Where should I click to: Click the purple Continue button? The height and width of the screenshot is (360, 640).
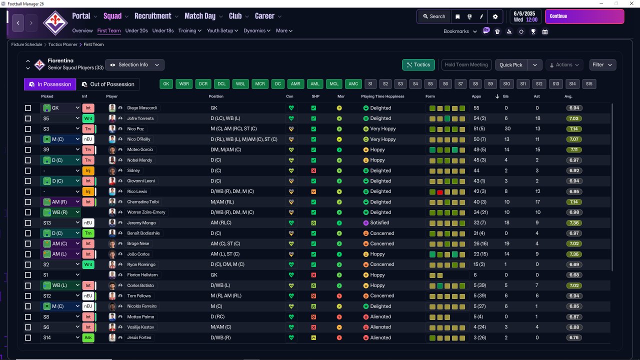[x=584, y=16]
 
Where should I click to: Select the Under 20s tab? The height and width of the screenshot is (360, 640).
[x=136, y=30]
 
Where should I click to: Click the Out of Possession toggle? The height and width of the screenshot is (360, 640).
[x=108, y=84]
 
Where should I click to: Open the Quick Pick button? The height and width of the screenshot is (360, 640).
[x=511, y=65]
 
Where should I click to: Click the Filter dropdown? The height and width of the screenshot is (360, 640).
[x=602, y=65]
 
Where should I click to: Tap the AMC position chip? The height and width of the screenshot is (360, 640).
[x=353, y=84]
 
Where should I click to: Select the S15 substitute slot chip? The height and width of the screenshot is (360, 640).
[x=589, y=84]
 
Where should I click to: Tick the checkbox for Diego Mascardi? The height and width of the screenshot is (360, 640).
[x=28, y=108]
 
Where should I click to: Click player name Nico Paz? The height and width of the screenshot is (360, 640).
[x=135, y=129]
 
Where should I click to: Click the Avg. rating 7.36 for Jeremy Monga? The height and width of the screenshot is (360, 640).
[x=574, y=223]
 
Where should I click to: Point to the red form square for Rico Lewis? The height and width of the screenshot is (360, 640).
[x=439, y=192]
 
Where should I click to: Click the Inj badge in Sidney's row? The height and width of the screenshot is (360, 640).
[x=88, y=170]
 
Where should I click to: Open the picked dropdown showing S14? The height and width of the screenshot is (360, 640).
[x=60, y=337]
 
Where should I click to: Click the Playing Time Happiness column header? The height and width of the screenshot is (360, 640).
[x=382, y=96]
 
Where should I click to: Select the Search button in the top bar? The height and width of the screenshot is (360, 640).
[x=434, y=16]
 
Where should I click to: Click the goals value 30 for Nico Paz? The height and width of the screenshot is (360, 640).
[x=507, y=129]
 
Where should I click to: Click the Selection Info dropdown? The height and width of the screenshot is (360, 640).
[x=134, y=65]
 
